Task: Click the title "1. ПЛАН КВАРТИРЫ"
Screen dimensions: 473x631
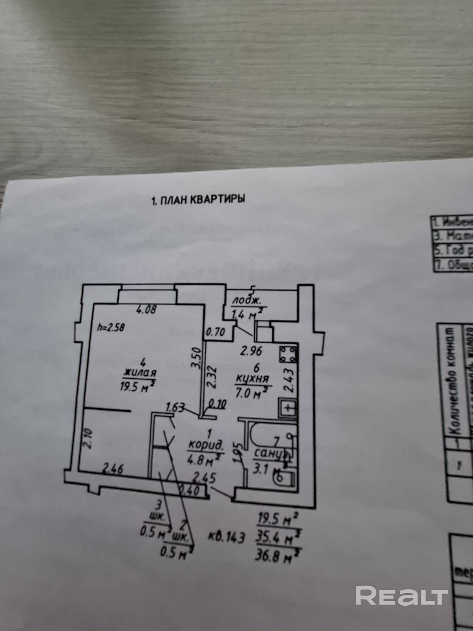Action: tap(198, 200)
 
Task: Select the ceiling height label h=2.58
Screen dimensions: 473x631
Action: tap(112, 327)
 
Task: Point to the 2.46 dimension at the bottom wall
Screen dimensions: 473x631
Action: tap(113, 470)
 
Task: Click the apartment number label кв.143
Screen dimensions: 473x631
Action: tap(227, 537)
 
